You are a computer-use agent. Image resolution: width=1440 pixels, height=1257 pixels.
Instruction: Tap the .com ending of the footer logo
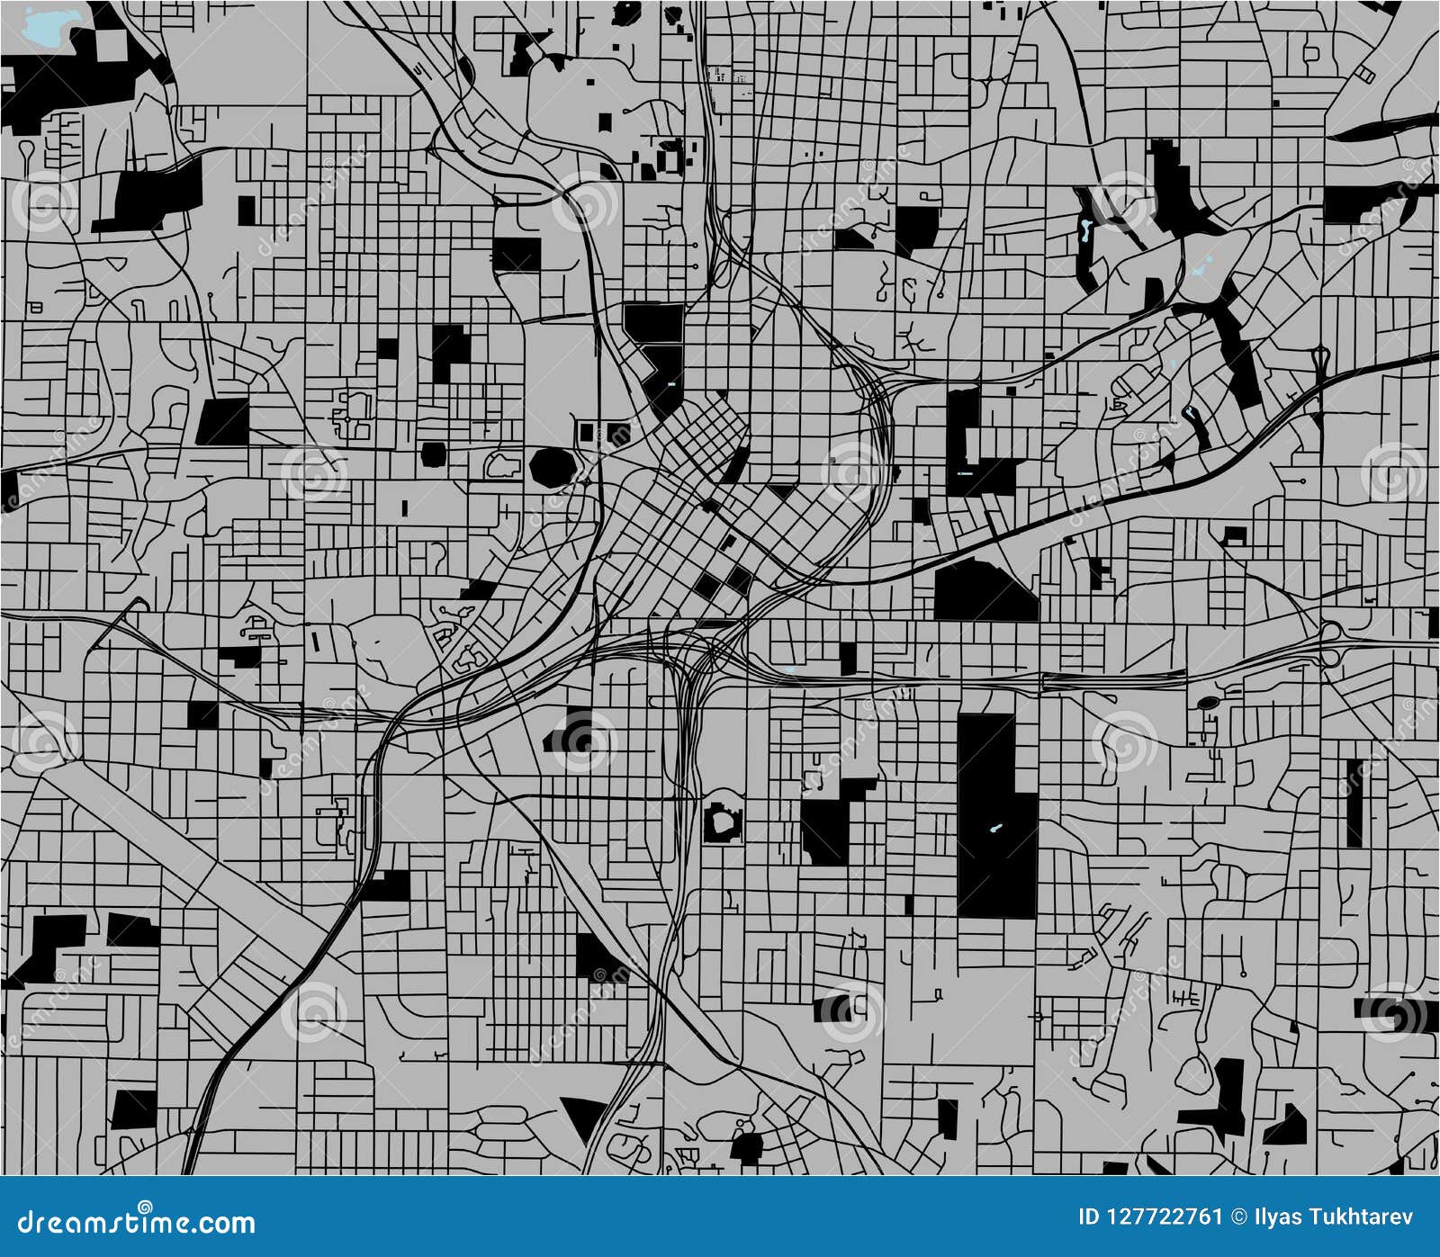(x=229, y=1225)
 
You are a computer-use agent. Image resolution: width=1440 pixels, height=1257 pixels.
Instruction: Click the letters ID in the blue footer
(x=1088, y=1217)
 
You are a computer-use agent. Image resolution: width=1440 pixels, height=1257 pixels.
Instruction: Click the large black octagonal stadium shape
(x=553, y=468)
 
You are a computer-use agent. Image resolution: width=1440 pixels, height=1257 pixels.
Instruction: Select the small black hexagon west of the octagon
(x=433, y=454)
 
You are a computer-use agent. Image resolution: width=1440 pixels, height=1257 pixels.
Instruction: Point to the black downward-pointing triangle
(x=584, y=1117)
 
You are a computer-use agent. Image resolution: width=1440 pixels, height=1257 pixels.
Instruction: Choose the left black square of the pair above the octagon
(x=586, y=432)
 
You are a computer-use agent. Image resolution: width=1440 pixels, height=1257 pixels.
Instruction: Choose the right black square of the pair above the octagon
(x=616, y=432)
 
